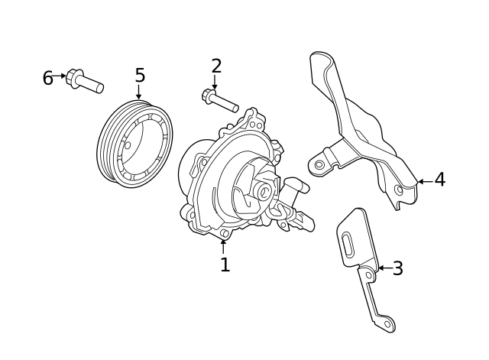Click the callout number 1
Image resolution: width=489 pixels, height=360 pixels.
point(225,265)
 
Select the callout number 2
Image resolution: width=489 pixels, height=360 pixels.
point(216,66)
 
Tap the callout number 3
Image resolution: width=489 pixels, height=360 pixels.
point(397,269)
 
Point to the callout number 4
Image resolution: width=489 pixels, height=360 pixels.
point(439,180)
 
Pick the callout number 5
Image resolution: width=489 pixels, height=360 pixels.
point(140,76)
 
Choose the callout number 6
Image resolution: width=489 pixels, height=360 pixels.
point(47,79)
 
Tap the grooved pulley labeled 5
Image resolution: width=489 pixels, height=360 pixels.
point(135,144)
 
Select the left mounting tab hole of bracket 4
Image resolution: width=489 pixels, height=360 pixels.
point(319,164)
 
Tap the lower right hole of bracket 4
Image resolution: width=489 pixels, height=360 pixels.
point(398,190)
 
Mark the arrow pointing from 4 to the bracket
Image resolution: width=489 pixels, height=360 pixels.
point(423,181)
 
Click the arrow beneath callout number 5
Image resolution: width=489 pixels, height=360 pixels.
point(138,93)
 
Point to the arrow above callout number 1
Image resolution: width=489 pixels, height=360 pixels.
point(223,245)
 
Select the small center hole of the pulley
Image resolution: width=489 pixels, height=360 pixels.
point(128,145)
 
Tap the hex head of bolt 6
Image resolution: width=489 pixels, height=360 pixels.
point(75,77)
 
